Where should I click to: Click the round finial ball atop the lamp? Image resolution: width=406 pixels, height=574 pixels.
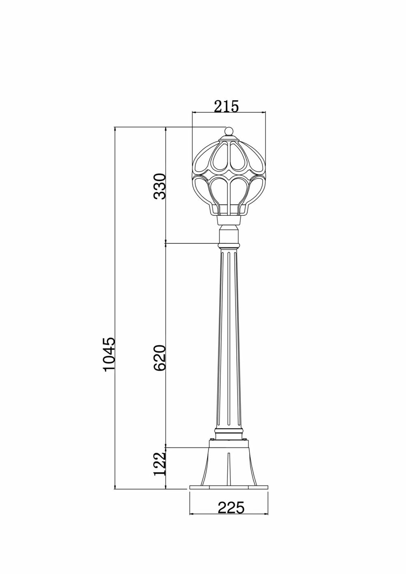229,131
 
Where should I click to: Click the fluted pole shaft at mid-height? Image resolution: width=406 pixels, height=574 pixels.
229,345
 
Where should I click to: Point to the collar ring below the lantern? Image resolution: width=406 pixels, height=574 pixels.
229,245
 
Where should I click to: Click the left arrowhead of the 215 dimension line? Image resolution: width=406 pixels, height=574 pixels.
194,112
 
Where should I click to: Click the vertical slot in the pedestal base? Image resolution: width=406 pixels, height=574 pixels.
229,467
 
